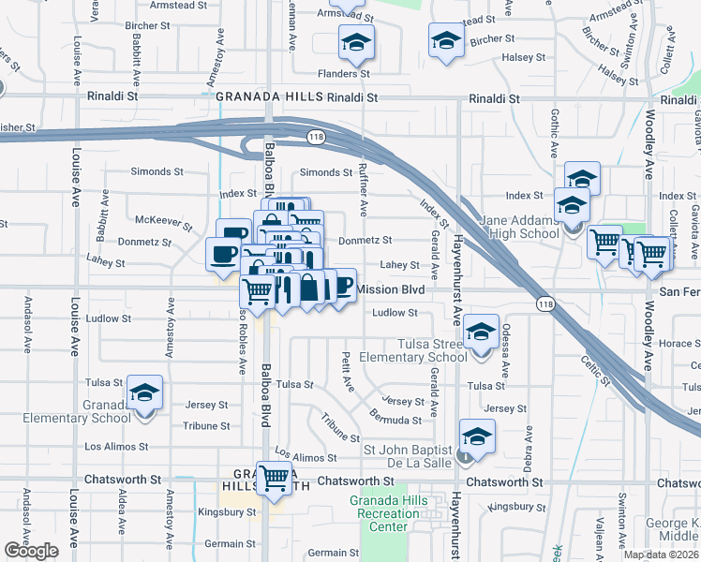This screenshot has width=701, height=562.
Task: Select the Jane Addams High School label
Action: pyautogui.click(x=519, y=227)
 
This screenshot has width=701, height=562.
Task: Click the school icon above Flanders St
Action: pyautogui.click(x=356, y=43)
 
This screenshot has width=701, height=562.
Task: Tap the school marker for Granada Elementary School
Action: pyautogui.click(x=145, y=393)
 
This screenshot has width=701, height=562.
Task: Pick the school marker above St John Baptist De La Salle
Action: pyautogui.click(x=477, y=437)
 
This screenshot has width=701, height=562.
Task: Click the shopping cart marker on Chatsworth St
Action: pyautogui.click(x=275, y=479)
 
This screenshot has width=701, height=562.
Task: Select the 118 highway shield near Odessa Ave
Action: pyautogui.click(x=545, y=303)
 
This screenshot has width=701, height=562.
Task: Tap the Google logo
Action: pyautogui.click(x=31, y=551)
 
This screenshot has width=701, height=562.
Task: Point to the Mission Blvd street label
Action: pyautogui.click(x=391, y=290)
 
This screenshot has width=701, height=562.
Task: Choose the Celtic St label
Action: pyautogui.click(x=594, y=369)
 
